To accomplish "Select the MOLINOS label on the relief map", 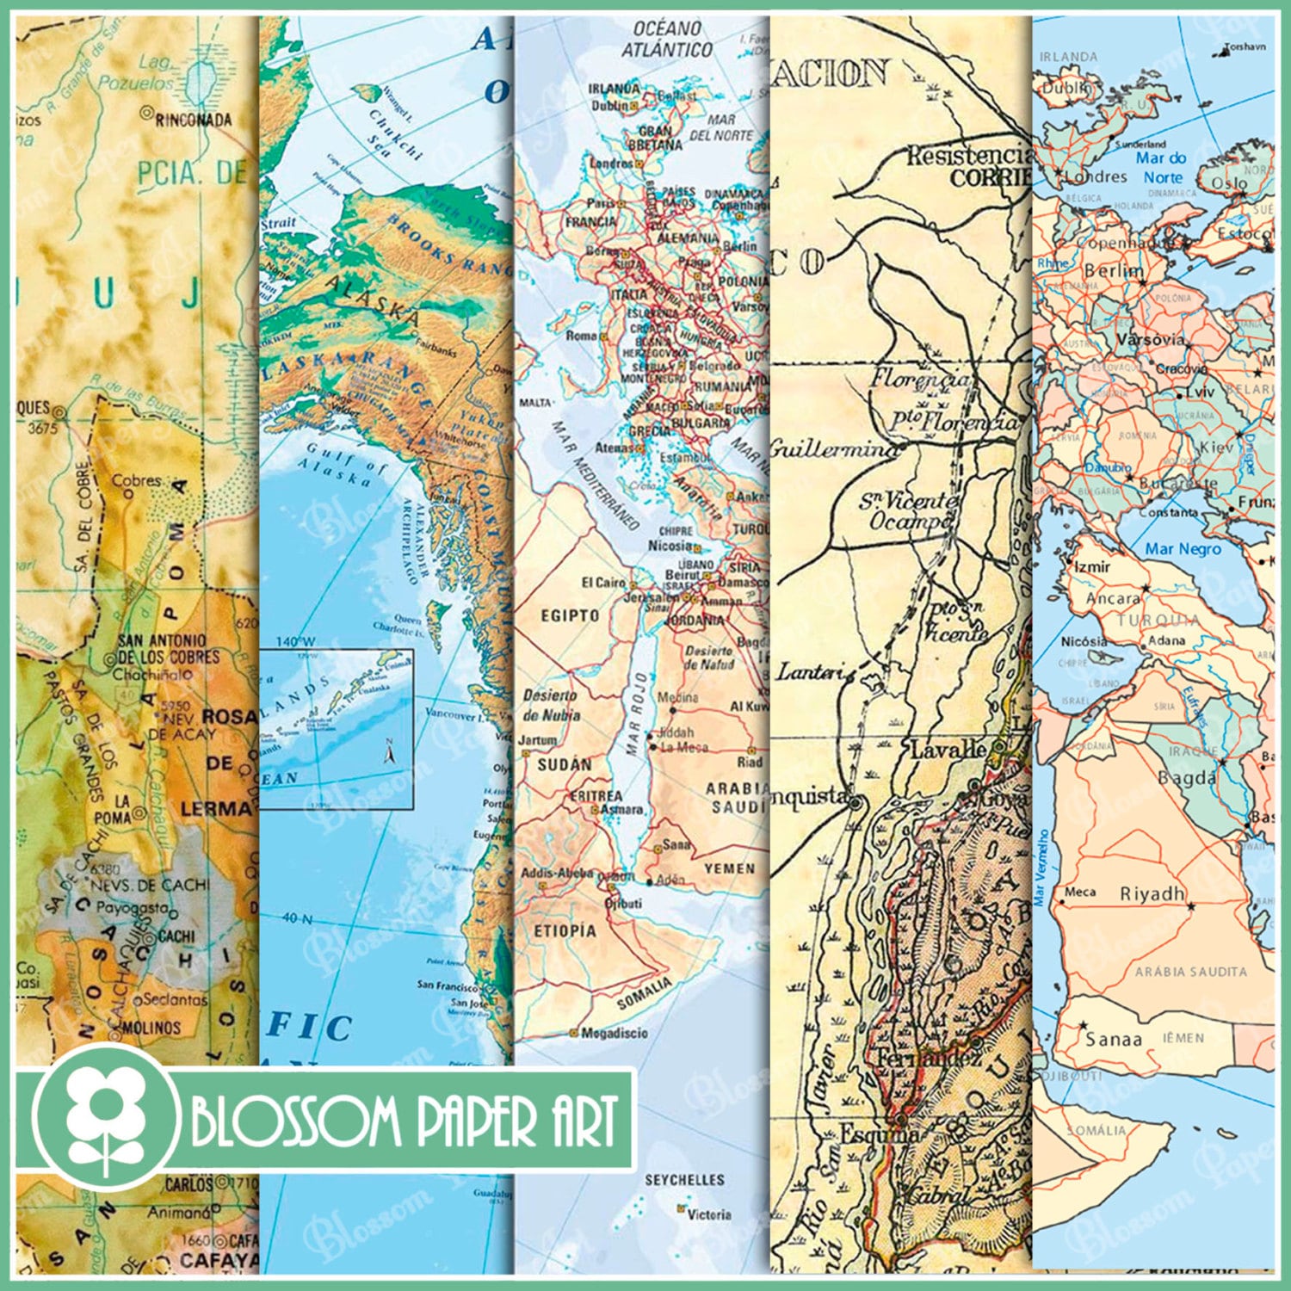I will click(151, 1027).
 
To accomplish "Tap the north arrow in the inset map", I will click(389, 751).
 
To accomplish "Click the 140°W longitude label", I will click(296, 641).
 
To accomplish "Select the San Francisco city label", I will click(447, 985).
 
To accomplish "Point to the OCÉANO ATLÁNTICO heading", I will click(667, 40).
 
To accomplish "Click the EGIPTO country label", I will click(570, 615).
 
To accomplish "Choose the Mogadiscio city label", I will click(614, 1033).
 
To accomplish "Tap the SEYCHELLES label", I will click(684, 1179).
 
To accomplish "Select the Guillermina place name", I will click(831, 448).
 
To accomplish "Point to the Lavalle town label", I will click(948, 749).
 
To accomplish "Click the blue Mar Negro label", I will click(1182, 548).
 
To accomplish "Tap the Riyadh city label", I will click(1152, 894).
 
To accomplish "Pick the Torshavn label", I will click(1245, 46).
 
